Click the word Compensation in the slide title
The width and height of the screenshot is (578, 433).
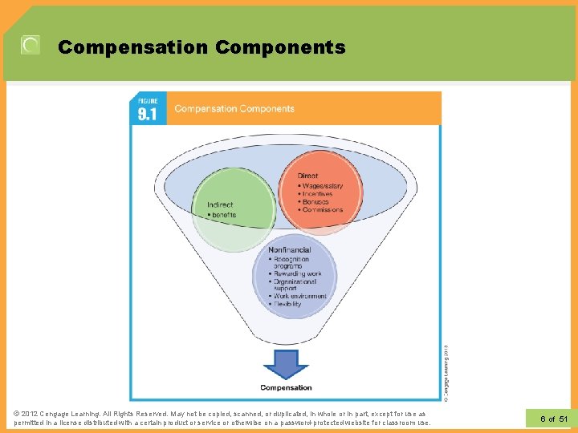click(132, 47)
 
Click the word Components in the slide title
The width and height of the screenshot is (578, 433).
click(280, 47)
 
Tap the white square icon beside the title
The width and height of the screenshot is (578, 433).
click(30, 46)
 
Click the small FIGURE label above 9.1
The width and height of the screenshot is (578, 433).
click(148, 101)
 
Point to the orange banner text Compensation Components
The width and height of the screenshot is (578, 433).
click(234, 109)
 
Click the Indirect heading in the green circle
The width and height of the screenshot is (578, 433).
click(220, 205)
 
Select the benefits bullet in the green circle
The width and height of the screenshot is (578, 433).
click(224, 215)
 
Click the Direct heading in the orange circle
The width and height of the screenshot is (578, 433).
click(307, 176)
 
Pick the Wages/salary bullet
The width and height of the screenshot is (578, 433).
click(323, 186)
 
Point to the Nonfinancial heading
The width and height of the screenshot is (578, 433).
click(289, 250)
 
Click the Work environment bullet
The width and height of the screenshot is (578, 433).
click(300, 297)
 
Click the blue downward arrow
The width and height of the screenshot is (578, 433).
click(286, 365)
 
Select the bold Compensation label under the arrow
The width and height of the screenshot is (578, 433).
click(286, 388)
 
